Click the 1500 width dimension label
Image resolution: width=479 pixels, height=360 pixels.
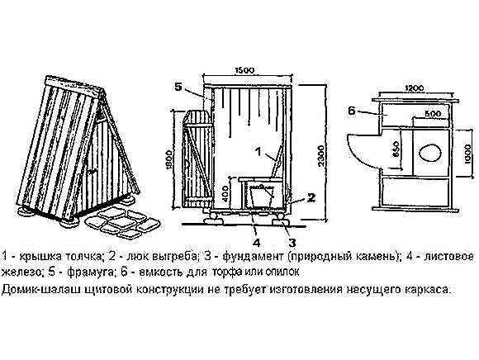pos(244,70)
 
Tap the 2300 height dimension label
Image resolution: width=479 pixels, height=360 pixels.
pos(320,156)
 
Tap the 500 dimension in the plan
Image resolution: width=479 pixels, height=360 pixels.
pos(434,114)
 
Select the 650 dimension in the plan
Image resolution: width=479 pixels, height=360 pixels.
pos(396,149)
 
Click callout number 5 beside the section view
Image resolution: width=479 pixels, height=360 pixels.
pos(178,87)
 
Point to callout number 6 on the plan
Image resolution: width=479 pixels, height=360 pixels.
pos(352,111)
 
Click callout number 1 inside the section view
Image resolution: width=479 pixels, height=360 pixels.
pos(258,151)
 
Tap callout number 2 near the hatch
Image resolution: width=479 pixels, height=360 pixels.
pos(311,198)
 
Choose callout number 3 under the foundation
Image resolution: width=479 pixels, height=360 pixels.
pos(292,243)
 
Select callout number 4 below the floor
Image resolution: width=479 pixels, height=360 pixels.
pos(256,243)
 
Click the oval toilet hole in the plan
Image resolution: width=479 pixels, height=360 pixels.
pos(429,153)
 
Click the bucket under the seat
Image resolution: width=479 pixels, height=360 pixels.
pos(262,196)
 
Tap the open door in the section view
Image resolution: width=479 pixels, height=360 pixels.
pos(197,159)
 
